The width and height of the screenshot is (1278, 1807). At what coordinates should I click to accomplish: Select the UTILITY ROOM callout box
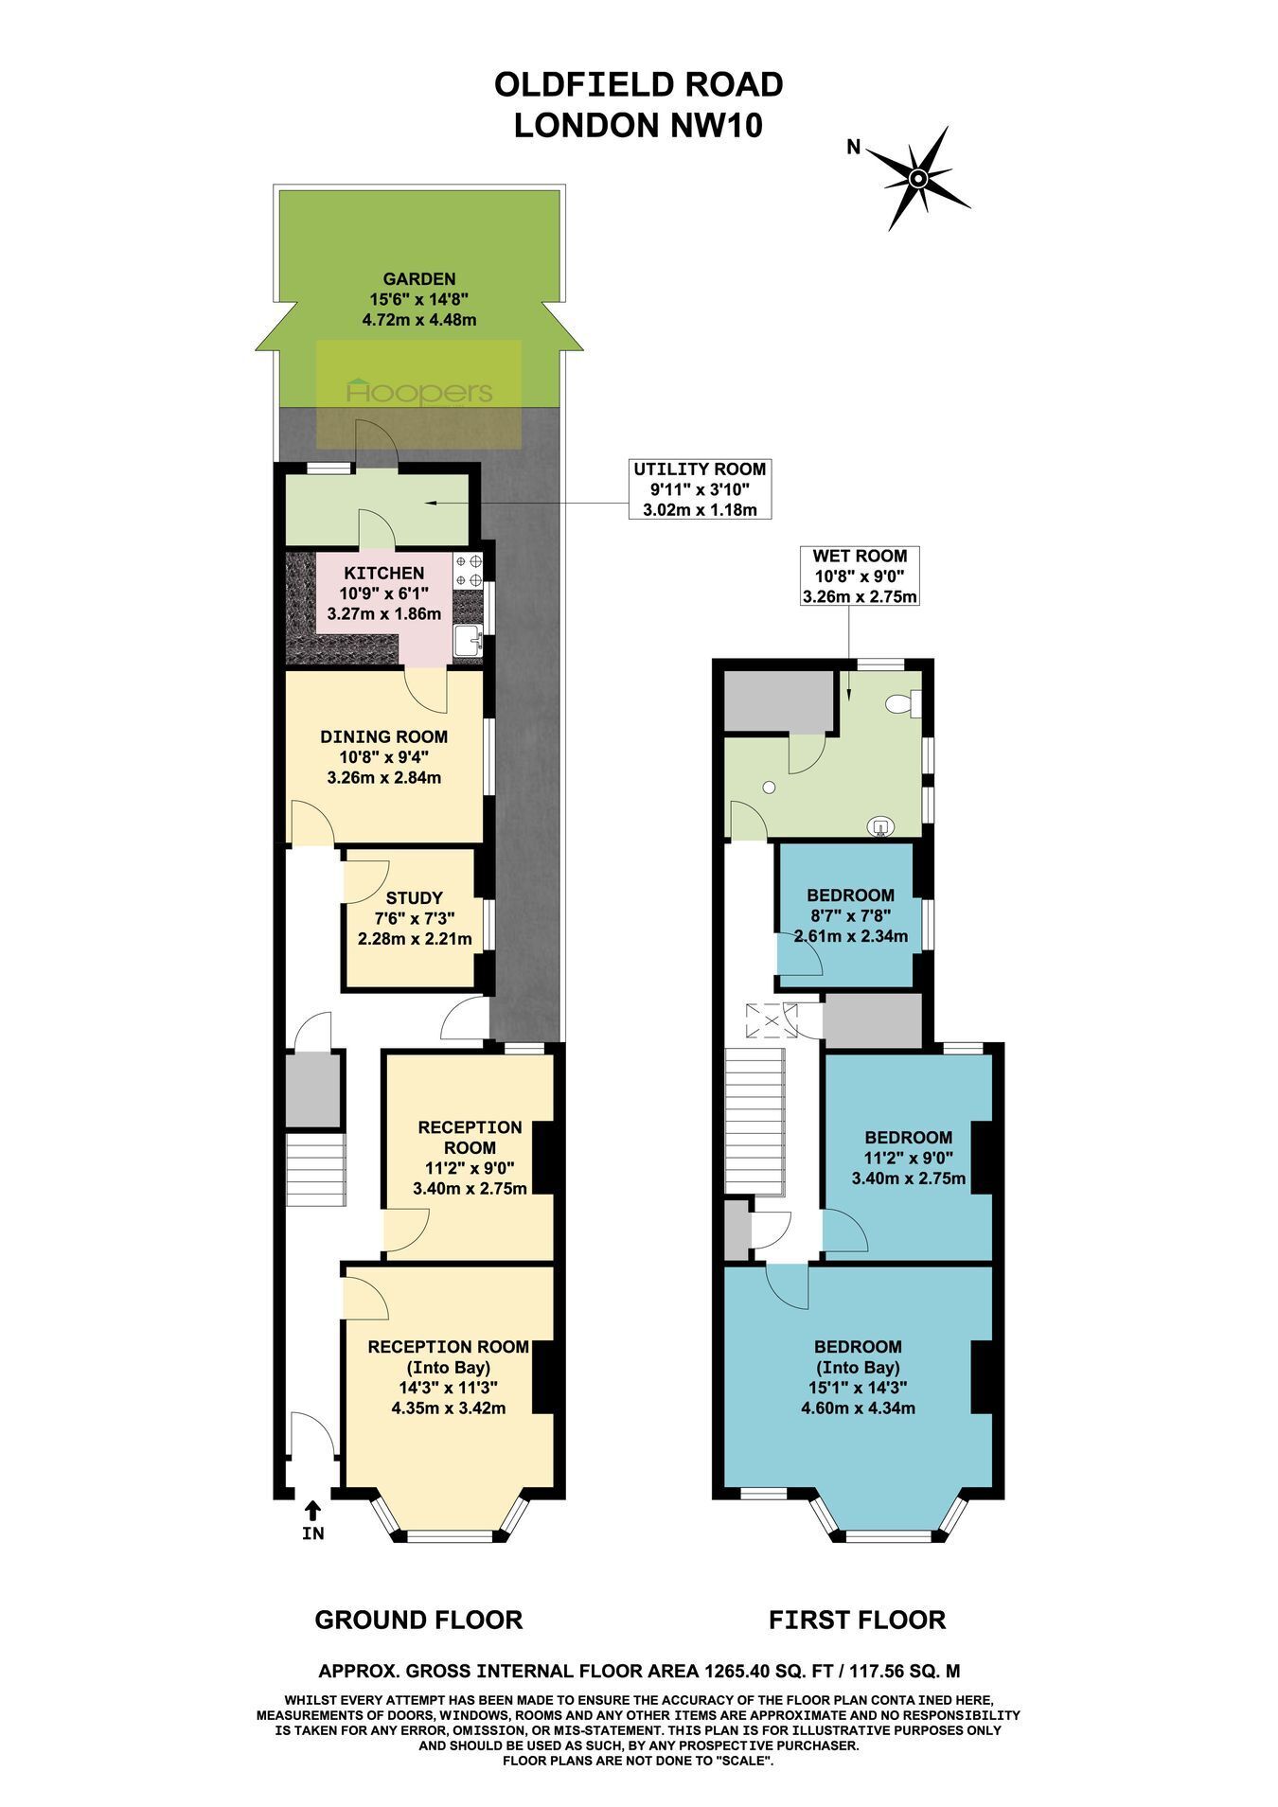click(x=700, y=489)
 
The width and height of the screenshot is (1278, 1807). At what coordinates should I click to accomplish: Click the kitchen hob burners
click(x=468, y=570)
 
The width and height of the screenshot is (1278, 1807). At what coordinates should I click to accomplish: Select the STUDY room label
click(x=415, y=897)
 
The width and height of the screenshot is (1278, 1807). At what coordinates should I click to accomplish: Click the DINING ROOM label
click(x=384, y=736)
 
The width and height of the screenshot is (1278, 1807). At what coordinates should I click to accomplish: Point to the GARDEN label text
click(x=419, y=278)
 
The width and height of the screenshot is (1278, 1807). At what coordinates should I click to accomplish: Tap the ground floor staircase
click(x=313, y=1171)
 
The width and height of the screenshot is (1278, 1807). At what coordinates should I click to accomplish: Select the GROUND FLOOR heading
click(x=418, y=1620)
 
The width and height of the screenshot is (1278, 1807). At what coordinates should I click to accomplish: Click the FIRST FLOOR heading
click(x=858, y=1620)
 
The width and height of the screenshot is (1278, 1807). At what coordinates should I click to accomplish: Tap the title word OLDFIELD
click(x=579, y=84)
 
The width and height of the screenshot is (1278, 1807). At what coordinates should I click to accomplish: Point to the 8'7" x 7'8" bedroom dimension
click(x=850, y=915)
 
